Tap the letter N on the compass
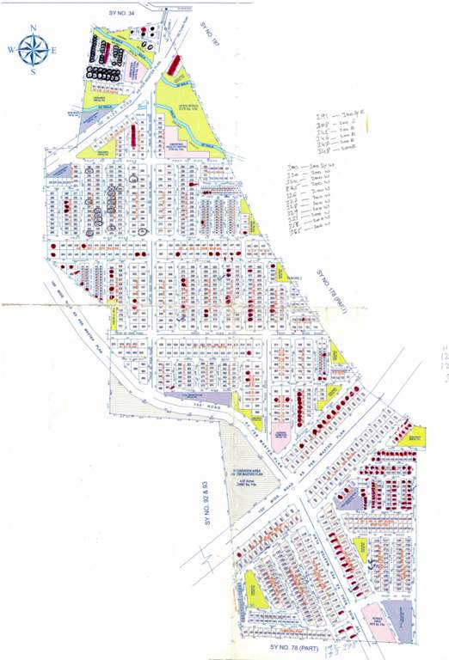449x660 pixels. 33,27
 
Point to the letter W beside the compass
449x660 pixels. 10,50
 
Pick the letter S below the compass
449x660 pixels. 34,71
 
